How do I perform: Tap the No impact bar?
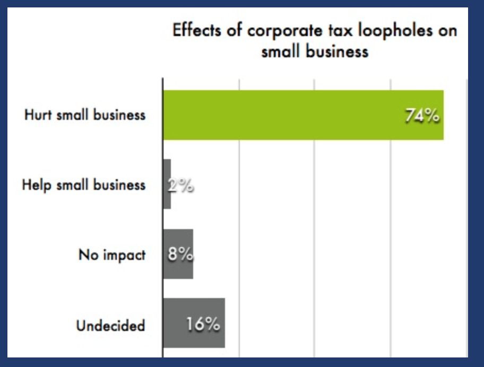(x=178, y=254)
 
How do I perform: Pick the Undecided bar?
(x=194, y=324)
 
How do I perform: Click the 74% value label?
(x=422, y=116)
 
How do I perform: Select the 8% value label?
(x=180, y=255)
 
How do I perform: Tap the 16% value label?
(x=203, y=324)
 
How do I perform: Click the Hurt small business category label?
(x=84, y=115)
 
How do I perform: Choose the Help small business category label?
(x=83, y=185)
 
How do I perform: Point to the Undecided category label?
(x=110, y=325)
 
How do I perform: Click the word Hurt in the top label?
(x=37, y=115)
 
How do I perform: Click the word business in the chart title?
(x=338, y=51)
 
